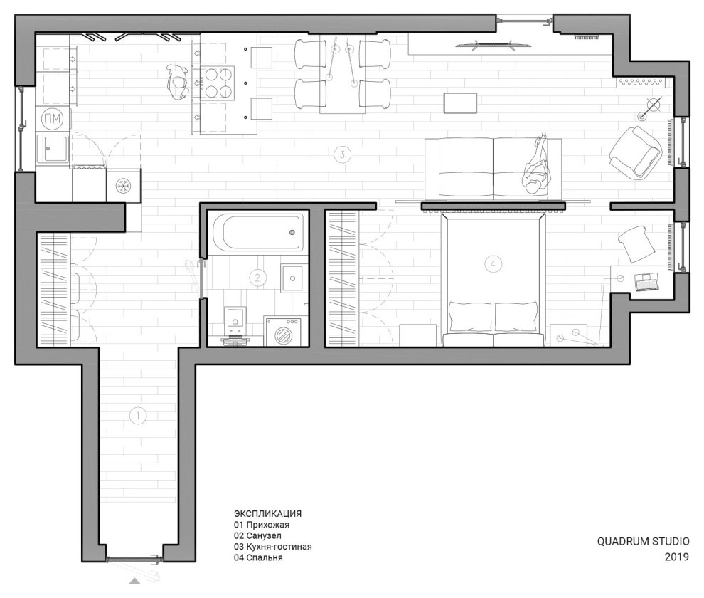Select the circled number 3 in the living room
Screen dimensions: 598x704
point(342,154)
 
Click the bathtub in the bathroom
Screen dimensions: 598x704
point(257,231)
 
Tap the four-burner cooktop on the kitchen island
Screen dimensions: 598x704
point(218,83)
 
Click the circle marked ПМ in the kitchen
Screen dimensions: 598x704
point(52,117)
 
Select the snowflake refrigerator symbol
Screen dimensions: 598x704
point(124,187)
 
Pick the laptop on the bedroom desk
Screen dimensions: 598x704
point(646,282)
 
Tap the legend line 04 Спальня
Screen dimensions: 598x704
point(258,558)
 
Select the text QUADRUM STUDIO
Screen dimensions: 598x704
point(643,541)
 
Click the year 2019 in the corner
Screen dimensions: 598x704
point(676,557)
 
